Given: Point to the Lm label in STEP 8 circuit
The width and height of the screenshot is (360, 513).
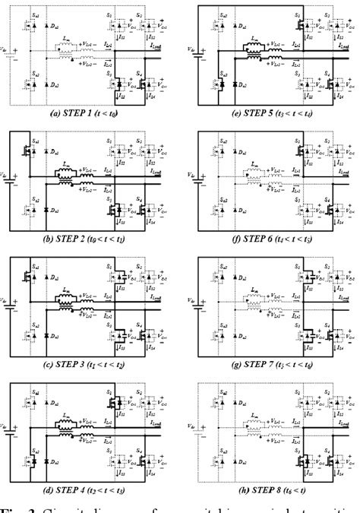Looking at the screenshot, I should tap(248, 416).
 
